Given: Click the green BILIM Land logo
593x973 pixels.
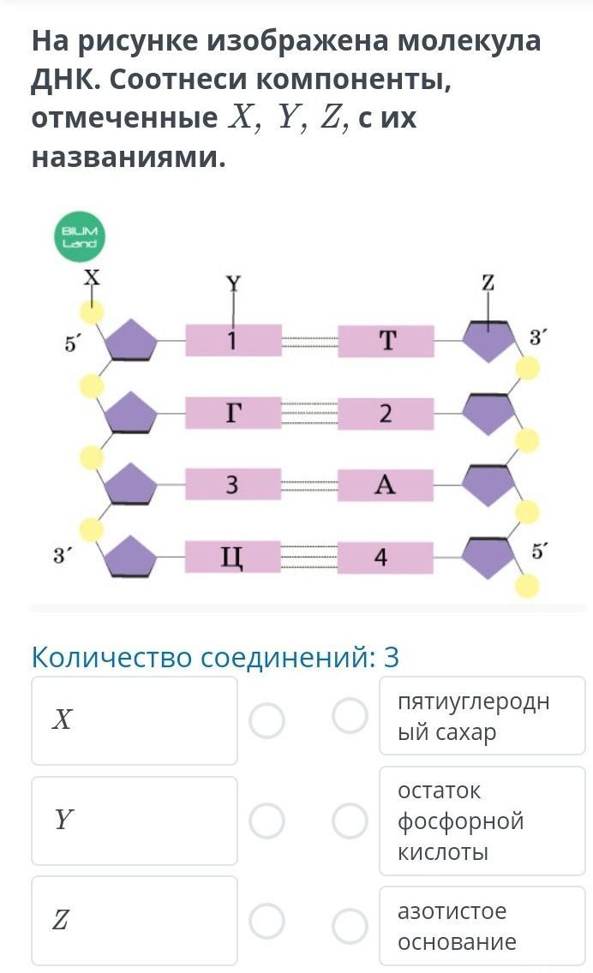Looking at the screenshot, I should point(81,236).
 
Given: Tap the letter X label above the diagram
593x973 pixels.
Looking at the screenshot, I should point(91,278).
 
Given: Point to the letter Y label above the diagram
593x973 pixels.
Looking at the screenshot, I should point(233,282).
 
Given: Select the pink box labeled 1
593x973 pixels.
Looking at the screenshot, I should point(233,341).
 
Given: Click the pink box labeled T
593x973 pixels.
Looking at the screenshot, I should point(386,341).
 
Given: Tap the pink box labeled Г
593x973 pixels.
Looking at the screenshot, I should point(233,414).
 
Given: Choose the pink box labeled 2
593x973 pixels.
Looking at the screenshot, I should point(386,415).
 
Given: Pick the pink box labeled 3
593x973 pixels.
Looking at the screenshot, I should point(233,486).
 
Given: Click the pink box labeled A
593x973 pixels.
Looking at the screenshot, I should point(386,486).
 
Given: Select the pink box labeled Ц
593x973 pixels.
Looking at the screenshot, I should point(233,558).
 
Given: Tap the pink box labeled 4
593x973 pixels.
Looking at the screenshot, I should point(386,558).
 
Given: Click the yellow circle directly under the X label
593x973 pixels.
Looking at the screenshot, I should point(92,312).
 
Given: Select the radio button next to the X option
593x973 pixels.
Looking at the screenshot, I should point(267,720).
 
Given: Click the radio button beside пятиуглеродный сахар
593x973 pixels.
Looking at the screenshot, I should point(350,716).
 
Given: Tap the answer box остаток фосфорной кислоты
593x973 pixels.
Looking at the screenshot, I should point(482,821).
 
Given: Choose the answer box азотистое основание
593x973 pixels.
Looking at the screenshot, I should point(482,926).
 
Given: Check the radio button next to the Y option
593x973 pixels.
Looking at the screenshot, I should point(267,821).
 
